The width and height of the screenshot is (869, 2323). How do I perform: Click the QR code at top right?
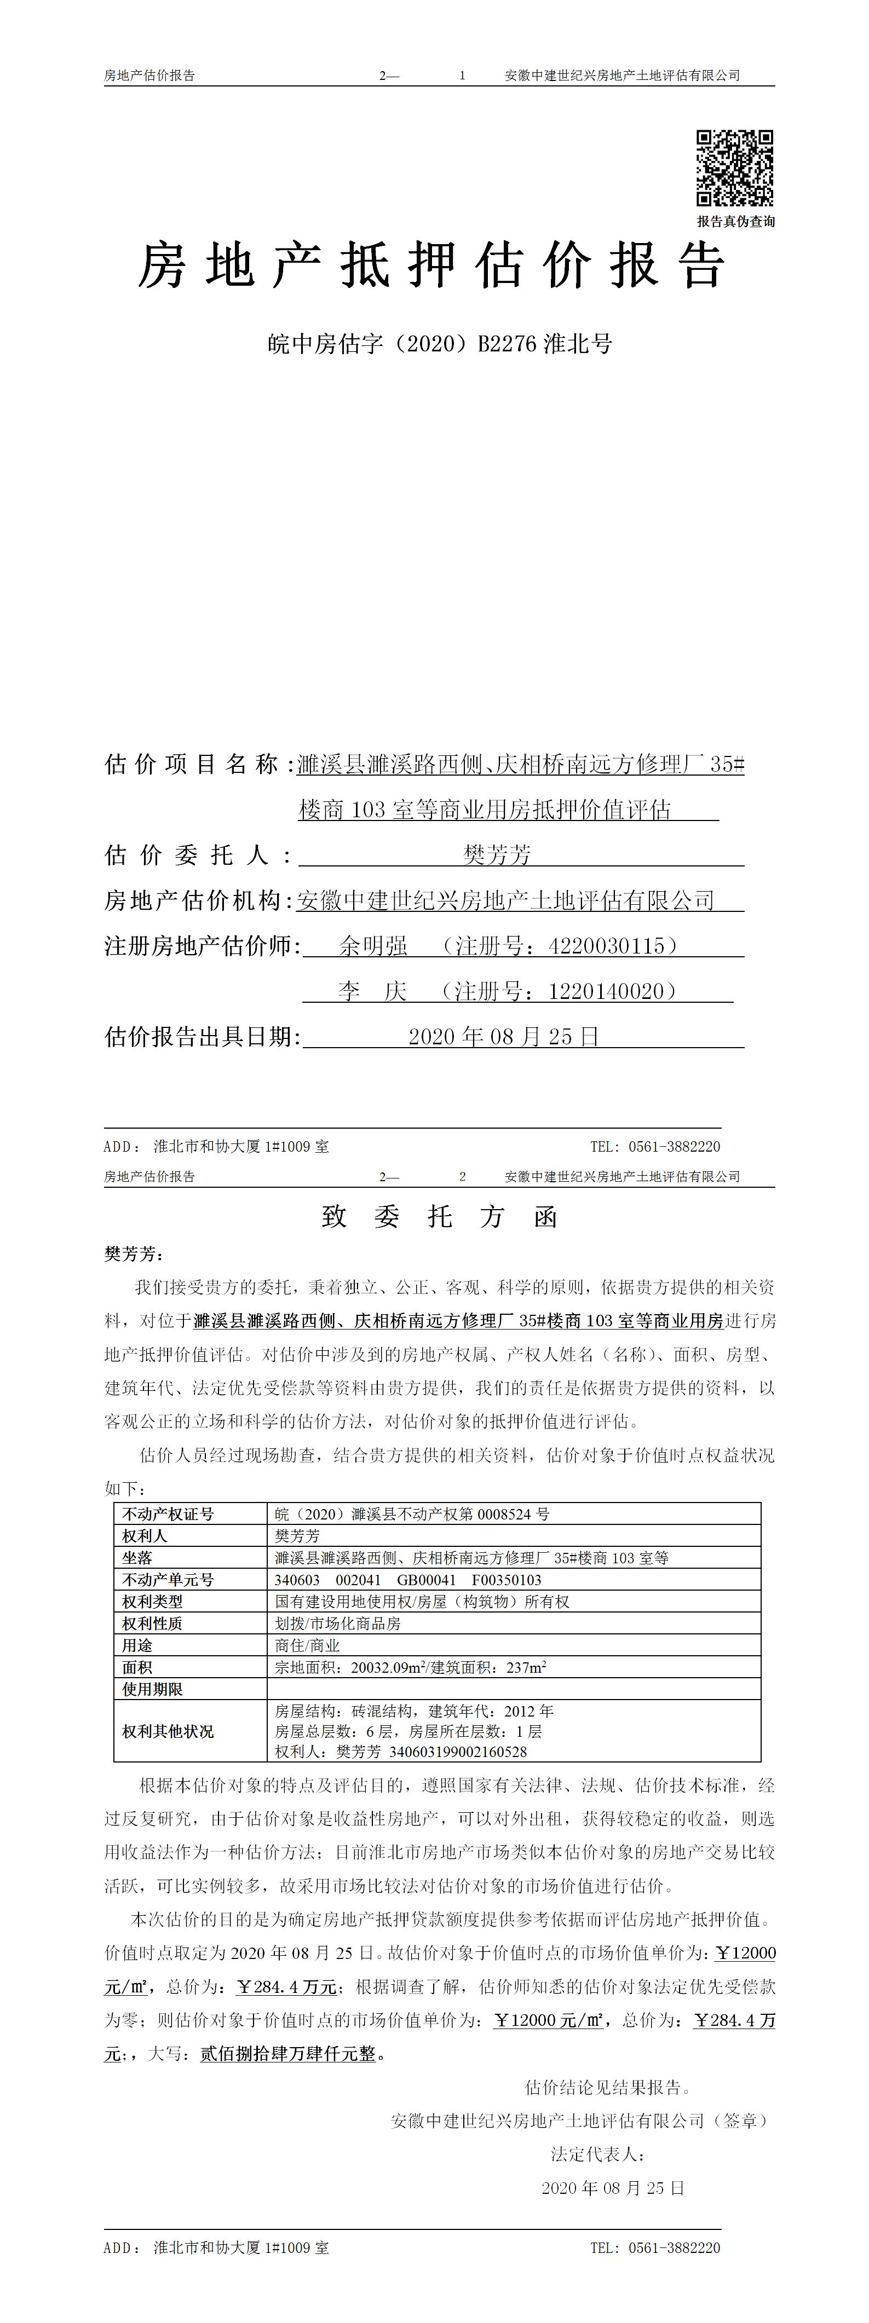734,167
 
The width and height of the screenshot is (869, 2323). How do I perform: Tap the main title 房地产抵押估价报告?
432,267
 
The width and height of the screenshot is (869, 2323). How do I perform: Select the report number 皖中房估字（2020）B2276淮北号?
440,344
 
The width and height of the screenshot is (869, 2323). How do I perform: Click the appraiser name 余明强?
373,946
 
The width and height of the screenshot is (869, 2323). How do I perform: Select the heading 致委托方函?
440,1217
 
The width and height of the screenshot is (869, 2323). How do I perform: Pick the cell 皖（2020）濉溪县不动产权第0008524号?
411,1514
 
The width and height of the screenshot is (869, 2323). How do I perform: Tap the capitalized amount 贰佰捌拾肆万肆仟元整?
287,2054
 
